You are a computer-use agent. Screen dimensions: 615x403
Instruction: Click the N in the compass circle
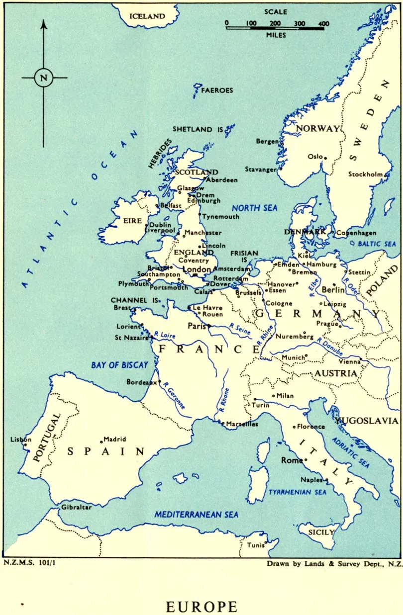(44, 78)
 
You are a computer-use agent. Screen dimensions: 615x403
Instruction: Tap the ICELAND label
(147, 16)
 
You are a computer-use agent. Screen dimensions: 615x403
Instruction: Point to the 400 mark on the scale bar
(323, 23)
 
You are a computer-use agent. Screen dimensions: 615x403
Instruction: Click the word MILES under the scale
(276, 35)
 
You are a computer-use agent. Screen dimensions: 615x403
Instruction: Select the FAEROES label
(217, 90)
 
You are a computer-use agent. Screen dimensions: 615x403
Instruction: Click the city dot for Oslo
(325, 158)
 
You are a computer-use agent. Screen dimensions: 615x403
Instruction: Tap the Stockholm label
(365, 174)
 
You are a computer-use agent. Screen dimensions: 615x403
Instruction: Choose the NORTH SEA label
(255, 208)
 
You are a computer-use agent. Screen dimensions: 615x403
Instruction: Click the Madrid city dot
(101, 440)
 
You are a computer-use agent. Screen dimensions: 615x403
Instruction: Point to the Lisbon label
(21, 439)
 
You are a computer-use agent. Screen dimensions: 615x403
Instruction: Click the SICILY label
(321, 532)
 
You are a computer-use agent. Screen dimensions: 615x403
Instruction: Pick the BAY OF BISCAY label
(119, 365)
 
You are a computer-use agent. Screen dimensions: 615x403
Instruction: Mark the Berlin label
(333, 290)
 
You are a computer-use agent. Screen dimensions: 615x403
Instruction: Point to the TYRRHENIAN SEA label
(298, 492)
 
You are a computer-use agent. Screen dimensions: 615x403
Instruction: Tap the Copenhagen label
(356, 233)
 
